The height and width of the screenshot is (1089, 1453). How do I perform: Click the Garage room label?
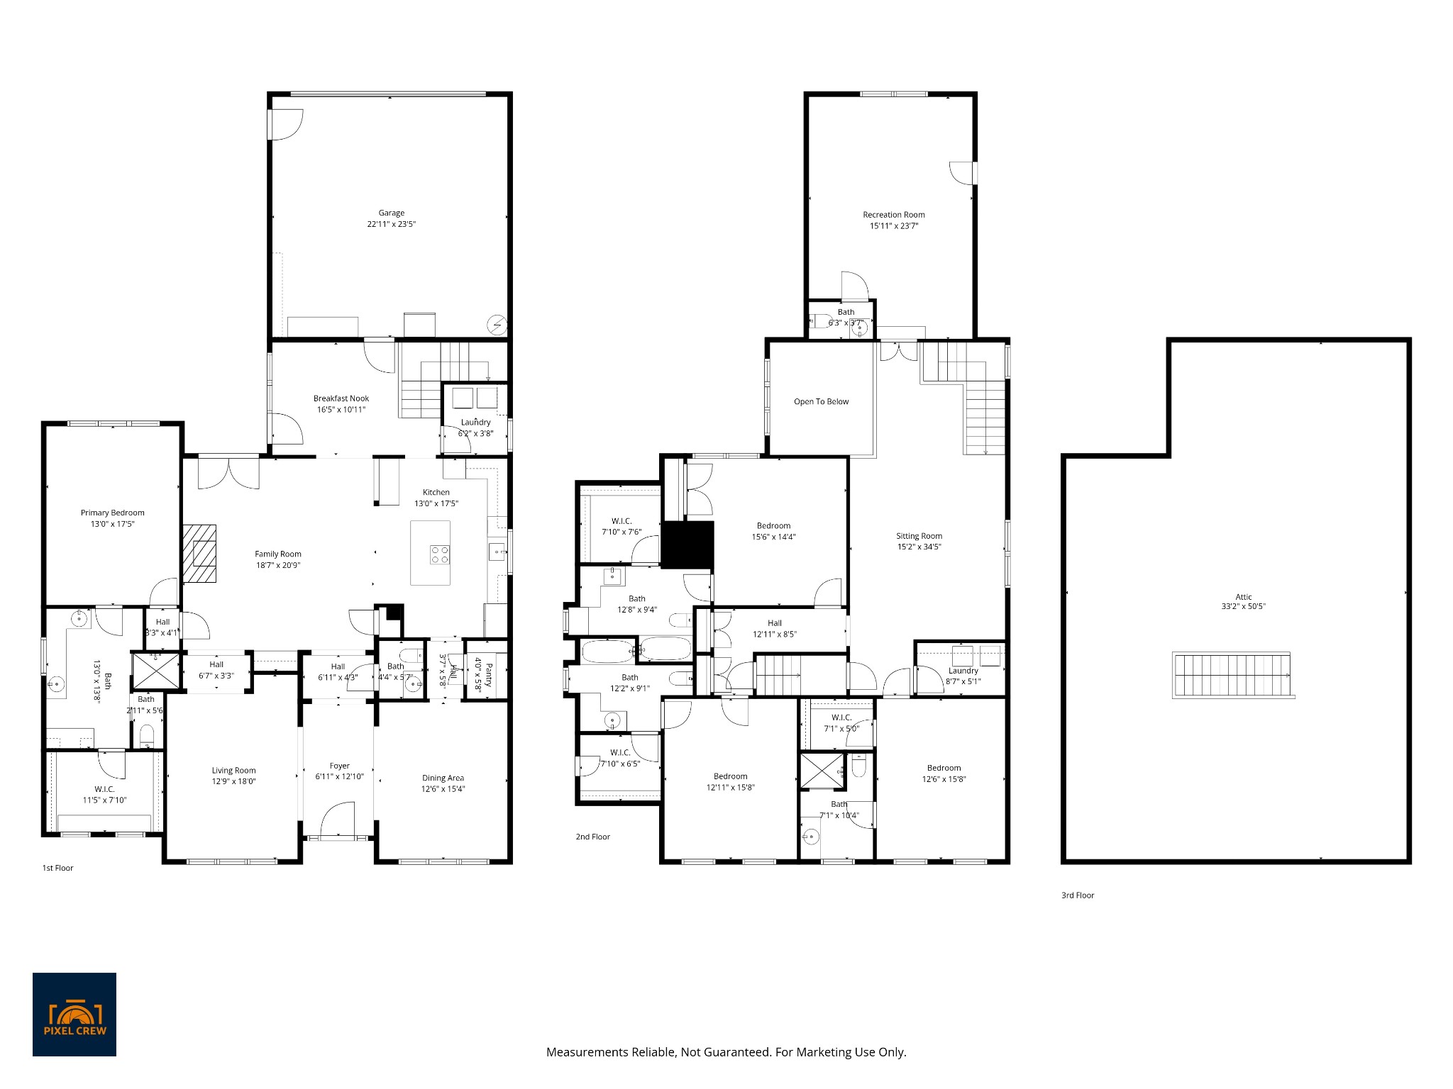coord(391,213)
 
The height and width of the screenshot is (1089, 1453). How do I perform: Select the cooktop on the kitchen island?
coord(439,554)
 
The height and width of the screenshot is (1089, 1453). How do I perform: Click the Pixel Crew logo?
coord(74,1015)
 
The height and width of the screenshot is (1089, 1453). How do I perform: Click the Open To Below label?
coord(821,401)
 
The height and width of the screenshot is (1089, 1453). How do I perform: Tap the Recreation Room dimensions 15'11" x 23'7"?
coord(893,226)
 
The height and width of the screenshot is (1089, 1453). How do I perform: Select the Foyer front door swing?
coord(338,820)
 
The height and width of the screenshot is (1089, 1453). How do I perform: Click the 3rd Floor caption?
coord(1077,895)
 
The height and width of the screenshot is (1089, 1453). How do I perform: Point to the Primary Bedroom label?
coord(112,513)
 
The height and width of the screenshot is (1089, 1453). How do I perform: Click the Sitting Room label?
coord(919,536)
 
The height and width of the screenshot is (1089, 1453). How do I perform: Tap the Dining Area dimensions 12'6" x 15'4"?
coord(443,789)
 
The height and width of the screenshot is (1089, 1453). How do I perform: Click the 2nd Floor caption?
coord(592,837)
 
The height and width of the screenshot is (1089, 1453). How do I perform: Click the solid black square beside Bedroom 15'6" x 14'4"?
coord(687,544)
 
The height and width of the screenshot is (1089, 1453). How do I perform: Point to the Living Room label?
coord(233,771)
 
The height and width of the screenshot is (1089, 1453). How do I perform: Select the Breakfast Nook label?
coord(341,398)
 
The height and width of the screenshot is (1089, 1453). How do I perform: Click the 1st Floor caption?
coord(57,868)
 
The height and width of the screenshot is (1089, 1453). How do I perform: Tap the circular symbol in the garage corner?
coord(497,325)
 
